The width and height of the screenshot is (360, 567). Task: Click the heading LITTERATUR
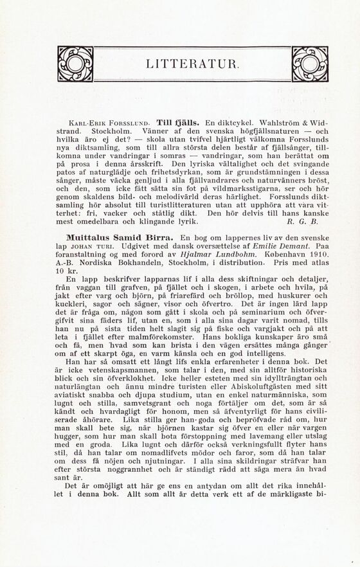point(193,64)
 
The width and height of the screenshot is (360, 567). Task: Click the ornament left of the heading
point(74,63)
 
